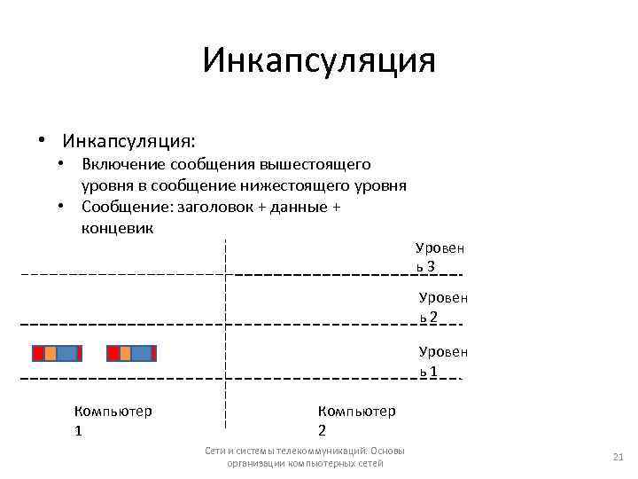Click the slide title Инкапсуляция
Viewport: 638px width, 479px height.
pos(319,61)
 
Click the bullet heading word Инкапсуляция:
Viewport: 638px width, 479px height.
pos(129,141)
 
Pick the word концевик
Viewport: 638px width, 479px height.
pos(117,228)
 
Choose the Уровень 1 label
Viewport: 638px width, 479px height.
pos(442,361)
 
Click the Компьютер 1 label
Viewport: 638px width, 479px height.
pos(113,420)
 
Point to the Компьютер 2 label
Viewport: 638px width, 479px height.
pos(356,420)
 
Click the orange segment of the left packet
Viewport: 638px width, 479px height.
pos(51,353)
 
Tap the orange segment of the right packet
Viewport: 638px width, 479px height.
pos(125,353)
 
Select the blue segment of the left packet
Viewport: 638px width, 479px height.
pos(66,353)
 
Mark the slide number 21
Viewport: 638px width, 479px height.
pos(619,457)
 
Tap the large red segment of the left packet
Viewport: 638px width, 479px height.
pos(38,353)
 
